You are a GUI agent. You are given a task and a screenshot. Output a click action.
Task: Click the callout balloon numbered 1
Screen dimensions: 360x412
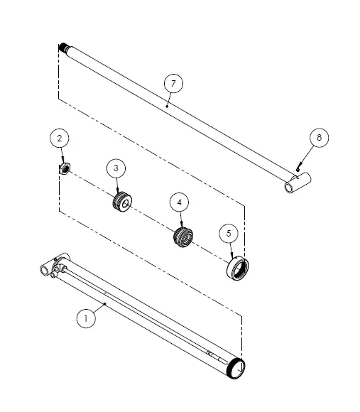(x=86, y=318)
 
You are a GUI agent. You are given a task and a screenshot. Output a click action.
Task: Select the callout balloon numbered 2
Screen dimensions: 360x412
(x=60, y=139)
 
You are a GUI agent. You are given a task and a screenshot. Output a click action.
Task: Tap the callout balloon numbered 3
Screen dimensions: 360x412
(x=116, y=168)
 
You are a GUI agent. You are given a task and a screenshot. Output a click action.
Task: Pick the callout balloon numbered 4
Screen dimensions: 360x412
(x=180, y=202)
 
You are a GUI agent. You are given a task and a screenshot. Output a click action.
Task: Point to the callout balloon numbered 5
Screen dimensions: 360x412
(x=229, y=233)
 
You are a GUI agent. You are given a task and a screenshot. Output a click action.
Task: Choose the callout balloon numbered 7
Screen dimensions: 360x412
(x=173, y=84)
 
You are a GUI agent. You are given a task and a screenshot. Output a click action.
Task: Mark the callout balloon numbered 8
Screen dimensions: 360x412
(x=319, y=137)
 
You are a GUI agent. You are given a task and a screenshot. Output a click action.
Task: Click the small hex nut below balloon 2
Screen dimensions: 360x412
(x=65, y=168)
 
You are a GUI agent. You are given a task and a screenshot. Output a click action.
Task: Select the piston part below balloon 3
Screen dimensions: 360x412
(x=122, y=202)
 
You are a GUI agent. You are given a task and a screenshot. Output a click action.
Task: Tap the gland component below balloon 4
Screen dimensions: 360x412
(x=183, y=237)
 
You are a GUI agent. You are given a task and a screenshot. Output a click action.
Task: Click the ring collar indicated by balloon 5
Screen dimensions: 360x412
(x=238, y=269)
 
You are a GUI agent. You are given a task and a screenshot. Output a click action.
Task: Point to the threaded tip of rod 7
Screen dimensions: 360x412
(x=63, y=48)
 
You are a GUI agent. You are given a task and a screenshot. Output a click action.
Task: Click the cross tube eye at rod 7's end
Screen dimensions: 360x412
(x=298, y=183)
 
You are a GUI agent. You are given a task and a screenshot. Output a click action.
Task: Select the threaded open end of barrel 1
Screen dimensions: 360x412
(x=236, y=369)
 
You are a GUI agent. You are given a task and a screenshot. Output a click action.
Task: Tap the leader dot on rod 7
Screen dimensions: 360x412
(x=167, y=106)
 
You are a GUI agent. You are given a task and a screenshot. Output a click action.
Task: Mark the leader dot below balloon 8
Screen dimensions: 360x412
(x=298, y=170)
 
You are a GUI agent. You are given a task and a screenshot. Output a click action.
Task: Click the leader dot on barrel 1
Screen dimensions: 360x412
(x=105, y=304)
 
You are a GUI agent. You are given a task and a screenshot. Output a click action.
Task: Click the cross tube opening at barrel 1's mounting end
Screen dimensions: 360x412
(x=43, y=271)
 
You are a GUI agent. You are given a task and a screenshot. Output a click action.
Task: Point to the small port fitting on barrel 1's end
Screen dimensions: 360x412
(x=53, y=275)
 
